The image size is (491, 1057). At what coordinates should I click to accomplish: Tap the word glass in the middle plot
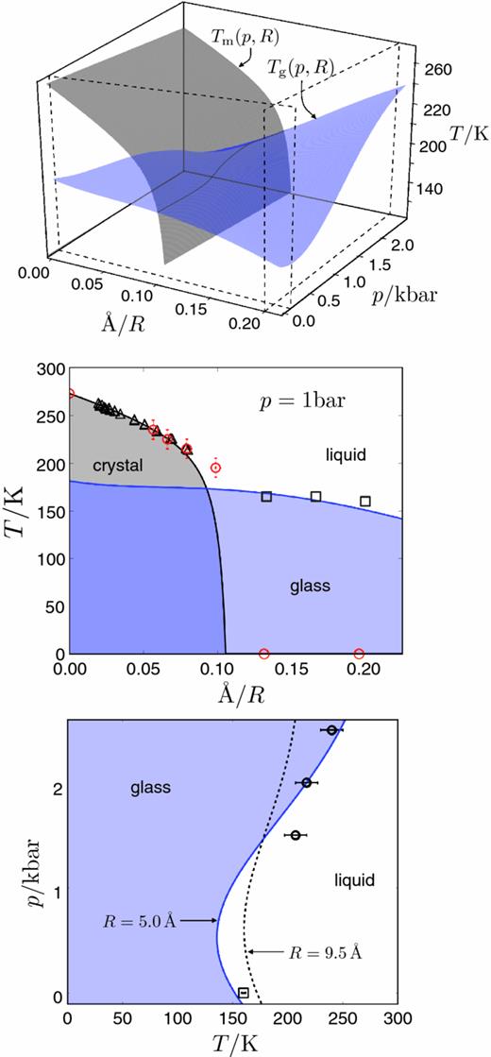point(310,586)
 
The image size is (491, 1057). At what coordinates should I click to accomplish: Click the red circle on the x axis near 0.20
point(359,654)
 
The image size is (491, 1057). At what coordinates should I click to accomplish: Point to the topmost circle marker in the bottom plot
point(331,730)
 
